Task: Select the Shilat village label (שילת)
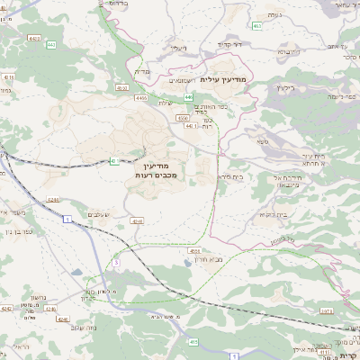165,102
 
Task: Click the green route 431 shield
113,161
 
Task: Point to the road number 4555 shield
195,251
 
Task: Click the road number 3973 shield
326,310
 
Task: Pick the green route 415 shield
193,340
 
